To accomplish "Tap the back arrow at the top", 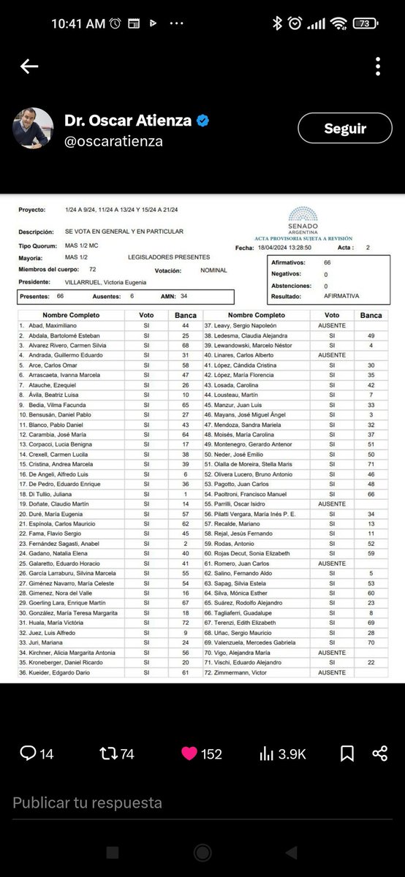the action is (29, 67).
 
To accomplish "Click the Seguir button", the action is (345, 129).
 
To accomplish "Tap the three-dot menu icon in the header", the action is (378, 67).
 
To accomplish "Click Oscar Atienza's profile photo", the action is (33, 129).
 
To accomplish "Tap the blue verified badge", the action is (202, 121).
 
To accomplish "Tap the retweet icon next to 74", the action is (108, 753).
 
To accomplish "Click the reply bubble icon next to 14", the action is (28, 753).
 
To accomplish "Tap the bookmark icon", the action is (347, 753).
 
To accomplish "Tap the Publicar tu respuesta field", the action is (88, 802).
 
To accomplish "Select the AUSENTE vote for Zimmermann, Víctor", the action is (333, 672).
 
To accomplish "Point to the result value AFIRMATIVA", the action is (342, 296).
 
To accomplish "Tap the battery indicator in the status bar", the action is (363, 24).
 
